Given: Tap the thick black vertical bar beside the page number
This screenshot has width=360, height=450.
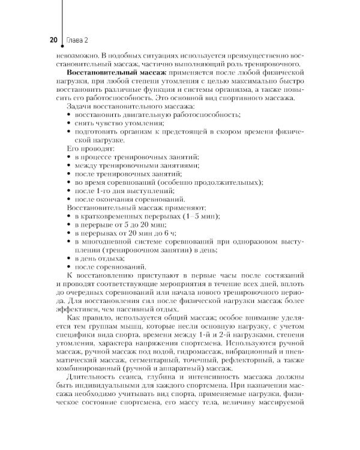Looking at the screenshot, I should [x=61, y=24].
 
